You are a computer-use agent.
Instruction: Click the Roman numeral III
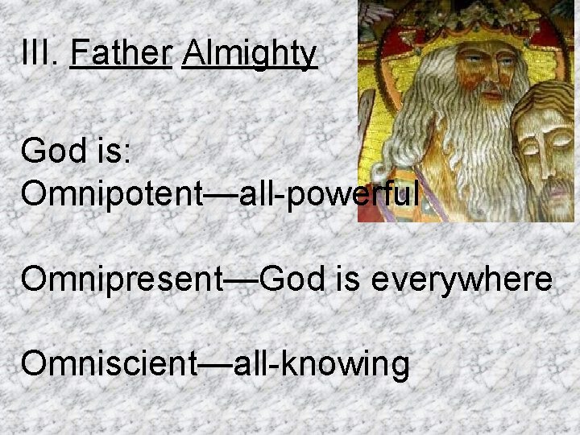pos(37,55)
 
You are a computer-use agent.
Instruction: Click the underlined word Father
pos(122,55)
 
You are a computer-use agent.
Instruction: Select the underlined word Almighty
pos(250,55)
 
